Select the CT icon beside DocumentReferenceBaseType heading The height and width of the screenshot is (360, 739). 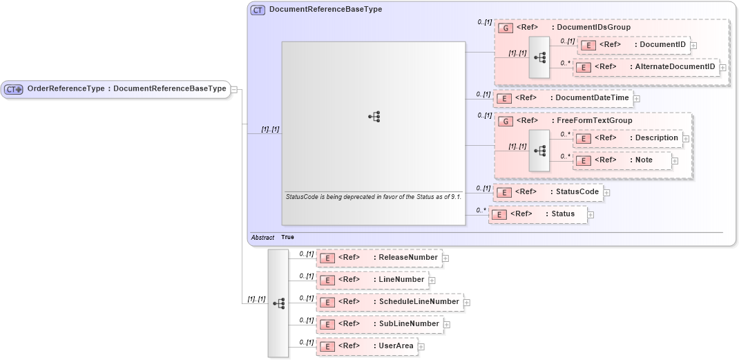(x=258, y=10)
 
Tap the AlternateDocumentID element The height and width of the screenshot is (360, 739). (x=646, y=67)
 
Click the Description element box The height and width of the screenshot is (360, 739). (x=628, y=138)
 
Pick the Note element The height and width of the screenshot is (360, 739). (x=622, y=160)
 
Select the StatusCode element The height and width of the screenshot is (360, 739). (x=549, y=192)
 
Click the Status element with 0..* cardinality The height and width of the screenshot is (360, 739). (x=538, y=214)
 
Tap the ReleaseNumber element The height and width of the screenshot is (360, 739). (x=379, y=258)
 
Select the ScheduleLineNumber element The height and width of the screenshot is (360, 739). (x=390, y=302)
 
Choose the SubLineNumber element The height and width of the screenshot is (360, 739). (x=380, y=324)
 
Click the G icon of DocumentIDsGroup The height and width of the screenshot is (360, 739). (x=505, y=28)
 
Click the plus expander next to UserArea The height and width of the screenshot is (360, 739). (x=421, y=347)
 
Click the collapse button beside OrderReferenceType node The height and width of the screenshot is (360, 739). (x=234, y=89)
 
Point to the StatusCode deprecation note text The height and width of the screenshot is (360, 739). (x=373, y=196)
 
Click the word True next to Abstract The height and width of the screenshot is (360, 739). (x=287, y=237)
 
